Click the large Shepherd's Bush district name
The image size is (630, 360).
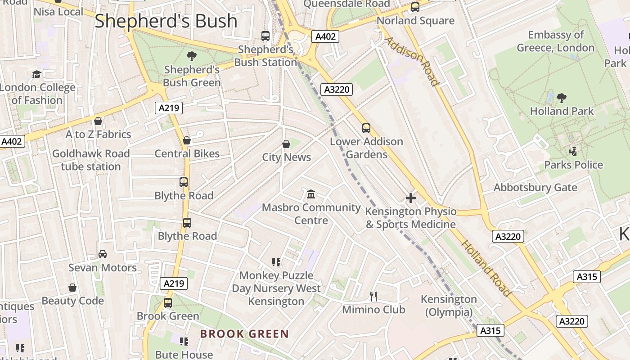click(166, 21)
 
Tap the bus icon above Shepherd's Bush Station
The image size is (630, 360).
click(265, 36)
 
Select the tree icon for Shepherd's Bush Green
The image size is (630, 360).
click(192, 56)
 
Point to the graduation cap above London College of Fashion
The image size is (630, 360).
click(36, 74)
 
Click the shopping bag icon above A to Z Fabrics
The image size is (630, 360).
click(98, 121)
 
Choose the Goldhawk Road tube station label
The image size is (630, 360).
click(91, 160)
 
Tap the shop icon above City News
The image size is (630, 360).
click(286, 144)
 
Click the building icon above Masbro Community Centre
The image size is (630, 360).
click(310, 194)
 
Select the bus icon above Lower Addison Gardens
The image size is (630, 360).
click(366, 128)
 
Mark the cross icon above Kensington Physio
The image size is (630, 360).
click(410, 198)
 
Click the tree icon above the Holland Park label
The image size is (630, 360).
click(561, 98)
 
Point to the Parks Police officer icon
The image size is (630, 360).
click(573, 151)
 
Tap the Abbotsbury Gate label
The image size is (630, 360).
click(535, 187)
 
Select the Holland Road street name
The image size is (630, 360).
click(486, 268)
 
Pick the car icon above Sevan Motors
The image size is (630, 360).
click(103, 254)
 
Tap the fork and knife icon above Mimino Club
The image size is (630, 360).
click(373, 296)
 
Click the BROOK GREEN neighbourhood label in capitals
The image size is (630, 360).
click(244, 334)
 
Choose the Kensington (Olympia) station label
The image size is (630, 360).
click(449, 306)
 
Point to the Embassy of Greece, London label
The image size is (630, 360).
click(556, 41)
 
